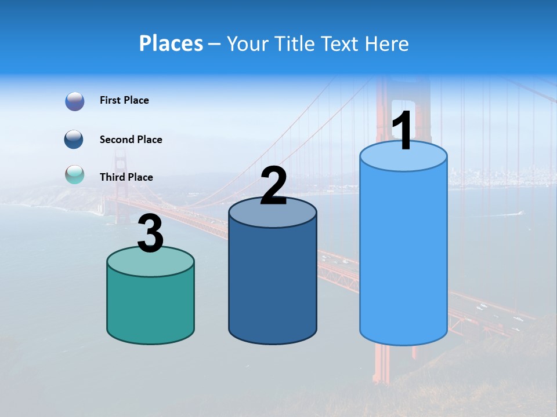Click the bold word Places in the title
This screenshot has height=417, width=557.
point(171,43)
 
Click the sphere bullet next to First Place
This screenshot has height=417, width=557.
point(75,101)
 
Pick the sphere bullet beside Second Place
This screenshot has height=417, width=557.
point(74,140)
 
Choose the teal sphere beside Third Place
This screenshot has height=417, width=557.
point(74,174)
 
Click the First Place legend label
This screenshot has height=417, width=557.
point(124,100)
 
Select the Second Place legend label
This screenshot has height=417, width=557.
point(131,140)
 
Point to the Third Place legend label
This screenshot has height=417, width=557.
point(126,177)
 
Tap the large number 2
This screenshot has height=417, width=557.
point(273,186)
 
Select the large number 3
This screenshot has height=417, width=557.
point(151,234)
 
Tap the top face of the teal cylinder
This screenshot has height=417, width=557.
point(151,262)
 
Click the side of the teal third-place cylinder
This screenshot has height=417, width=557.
point(151,307)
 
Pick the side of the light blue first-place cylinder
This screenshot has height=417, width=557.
point(403,255)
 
